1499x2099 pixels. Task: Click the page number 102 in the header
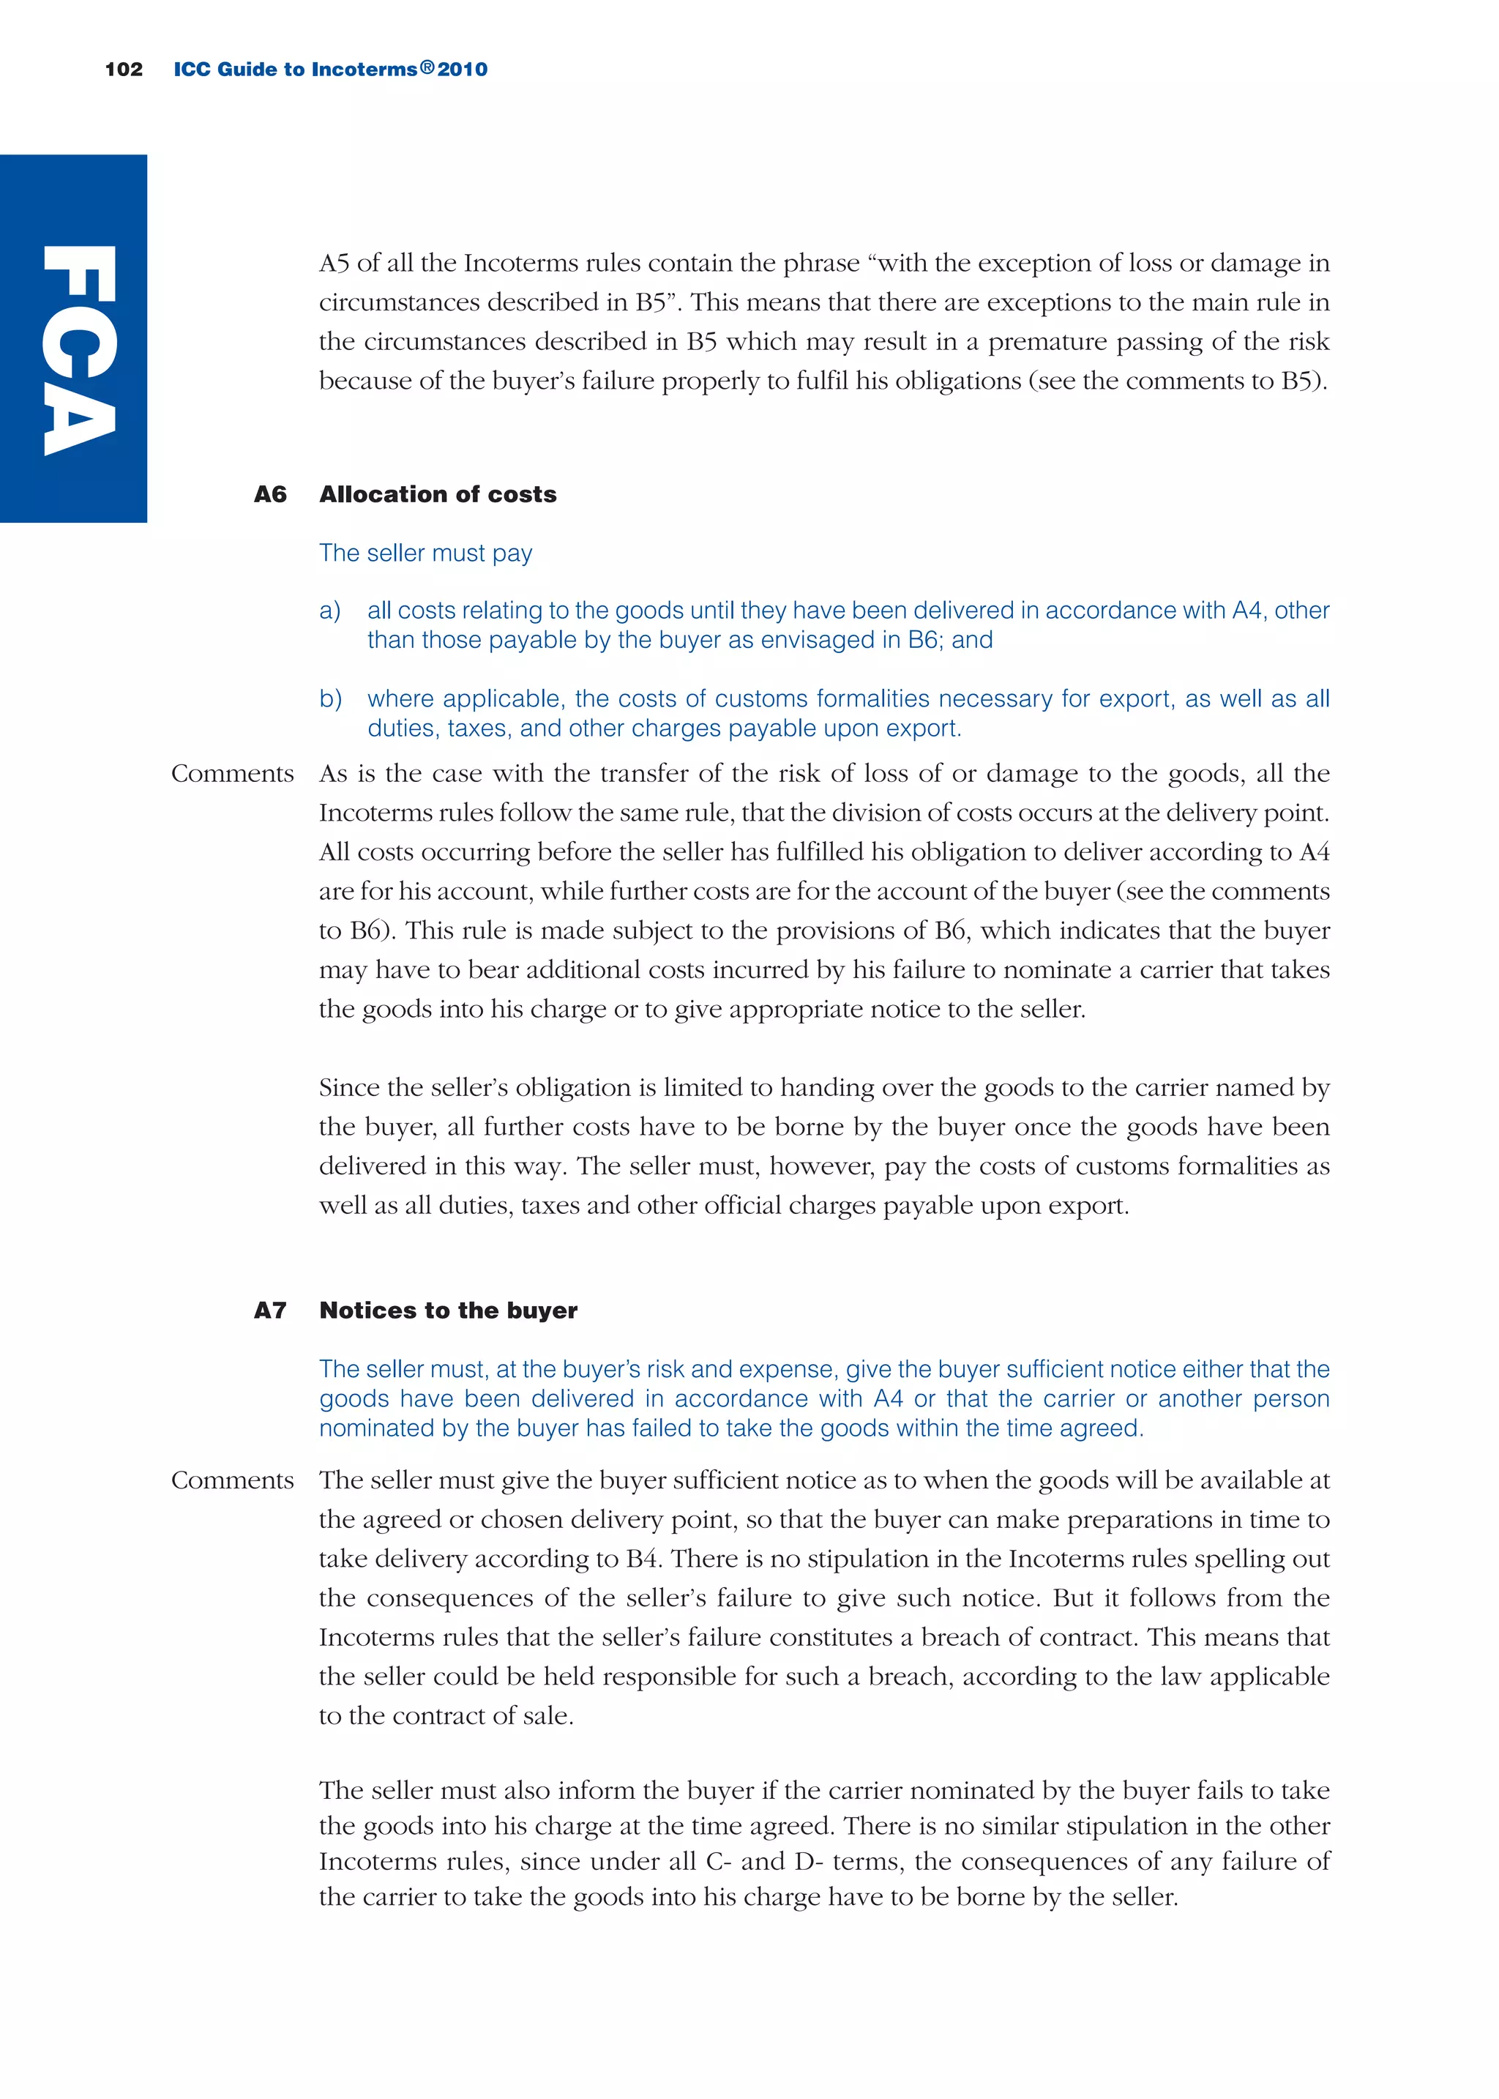(124, 70)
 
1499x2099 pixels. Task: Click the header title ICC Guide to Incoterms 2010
(330, 70)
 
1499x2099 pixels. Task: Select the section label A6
(270, 495)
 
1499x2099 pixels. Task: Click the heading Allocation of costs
(438, 495)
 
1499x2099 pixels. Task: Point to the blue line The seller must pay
(425, 553)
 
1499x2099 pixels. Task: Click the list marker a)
(329, 611)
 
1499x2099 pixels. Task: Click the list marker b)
(330, 698)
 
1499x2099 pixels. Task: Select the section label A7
(270, 1311)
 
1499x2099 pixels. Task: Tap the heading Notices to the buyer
(449, 1311)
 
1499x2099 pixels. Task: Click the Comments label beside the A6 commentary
(233, 774)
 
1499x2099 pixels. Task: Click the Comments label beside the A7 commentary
(233, 1480)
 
